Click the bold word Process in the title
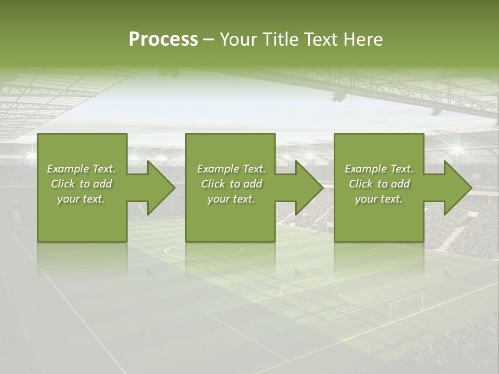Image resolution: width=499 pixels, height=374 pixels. [x=163, y=39]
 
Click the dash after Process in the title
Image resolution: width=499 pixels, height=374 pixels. [x=208, y=40]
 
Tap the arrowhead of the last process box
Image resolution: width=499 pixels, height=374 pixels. [x=457, y=188]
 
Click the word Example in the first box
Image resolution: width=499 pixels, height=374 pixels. [x=68, y=169]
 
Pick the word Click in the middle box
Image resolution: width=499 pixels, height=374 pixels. [x=213, y=184]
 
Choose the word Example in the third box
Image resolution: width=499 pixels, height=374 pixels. [x=366, y=169]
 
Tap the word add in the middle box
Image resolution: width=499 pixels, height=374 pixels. [x=253, y=184]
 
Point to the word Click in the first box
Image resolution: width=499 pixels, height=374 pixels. [x=62, y=184]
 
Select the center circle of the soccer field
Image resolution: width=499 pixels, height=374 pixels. [x=203, y=251]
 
